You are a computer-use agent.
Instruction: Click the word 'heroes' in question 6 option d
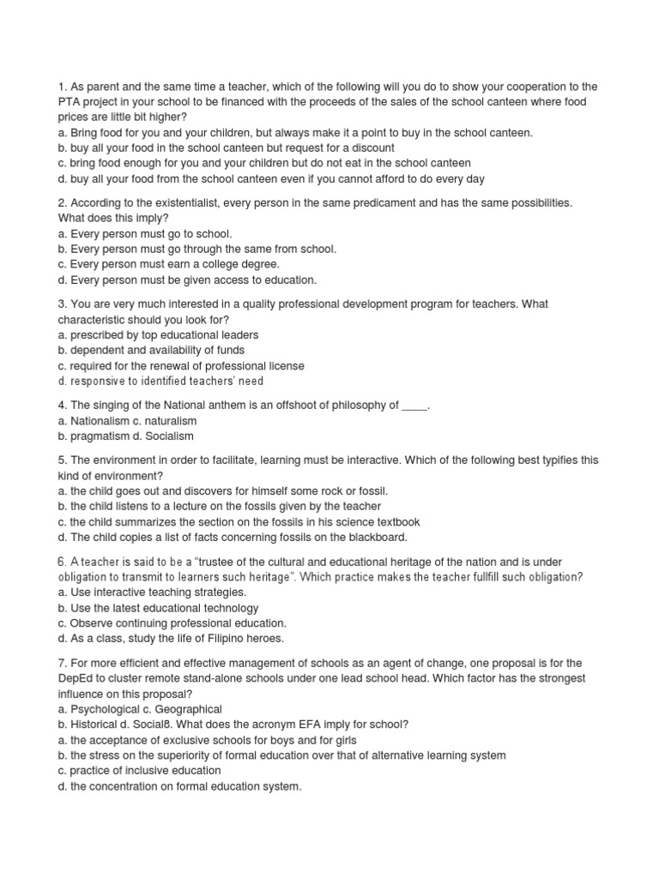(x=264, y=639)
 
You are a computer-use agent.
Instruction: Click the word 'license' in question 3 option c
(x=283, y=366)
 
